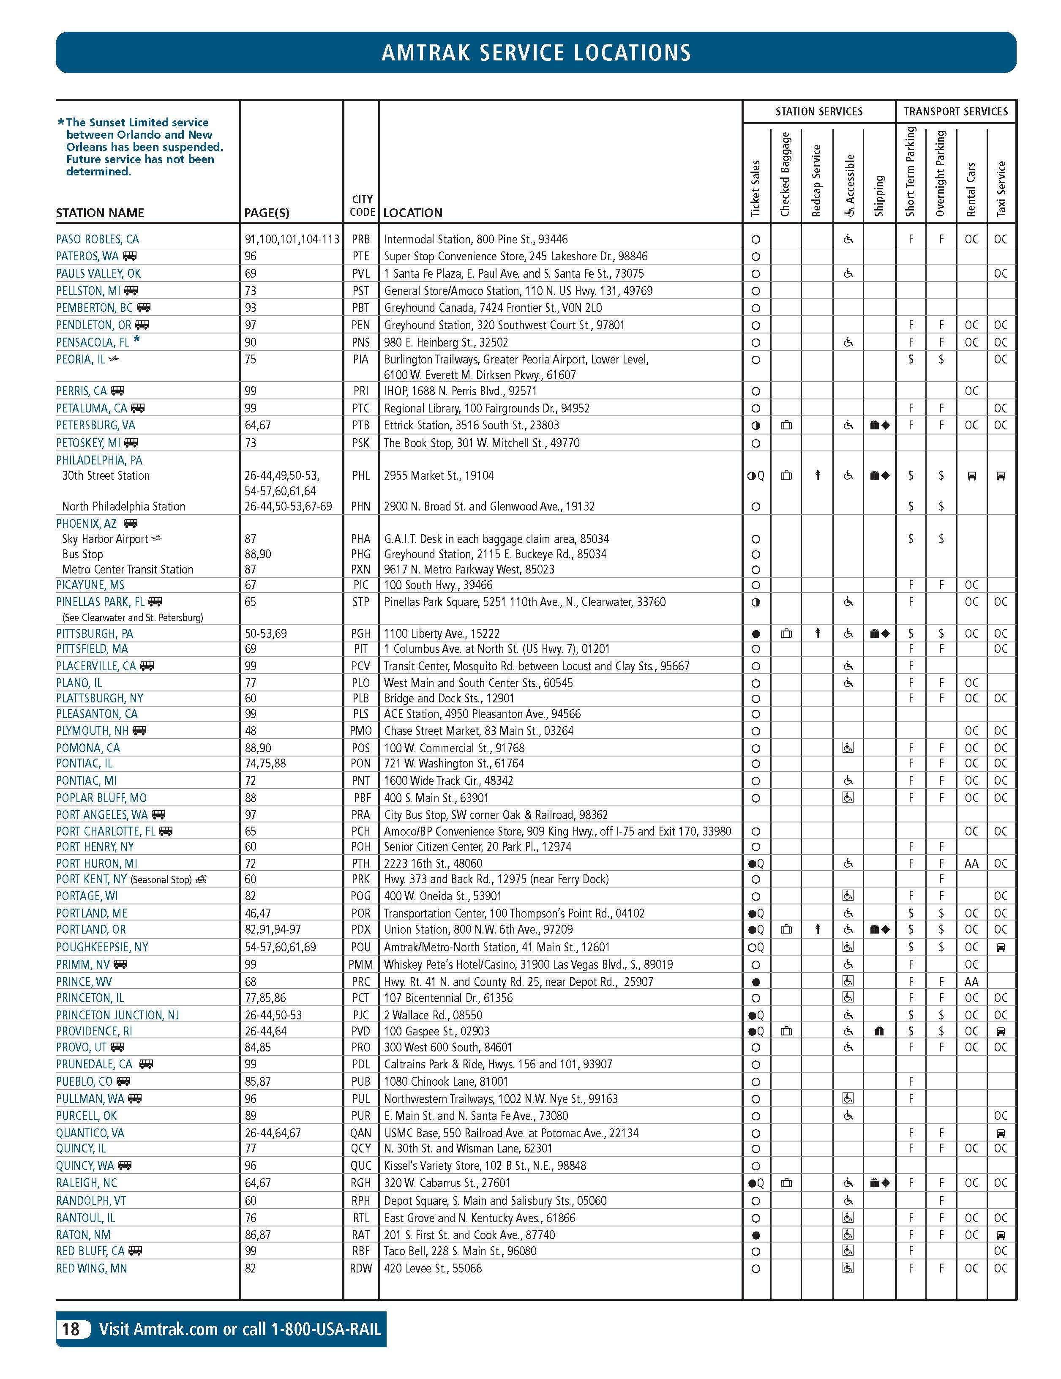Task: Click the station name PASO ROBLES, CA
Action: (x=97, y=239)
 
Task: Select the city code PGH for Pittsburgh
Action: (x=361, y=634)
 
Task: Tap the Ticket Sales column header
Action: (x=756, y=188)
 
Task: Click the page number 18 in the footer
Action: (x=71, y=1329)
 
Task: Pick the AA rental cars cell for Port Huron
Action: (x=971, y=863)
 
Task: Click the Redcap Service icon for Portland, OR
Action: (x=817, y=929)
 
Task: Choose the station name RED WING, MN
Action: (x=92, y=1269)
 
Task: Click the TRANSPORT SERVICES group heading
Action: (x=956, y=112)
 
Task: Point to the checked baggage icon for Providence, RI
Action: (x=786, y=1031)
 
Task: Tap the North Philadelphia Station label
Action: (x=124, y=506)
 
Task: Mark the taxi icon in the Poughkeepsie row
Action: (x=1001, y=947)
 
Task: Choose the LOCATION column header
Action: (x=413, y=213)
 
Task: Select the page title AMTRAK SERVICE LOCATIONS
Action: (x=536, y=52)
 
